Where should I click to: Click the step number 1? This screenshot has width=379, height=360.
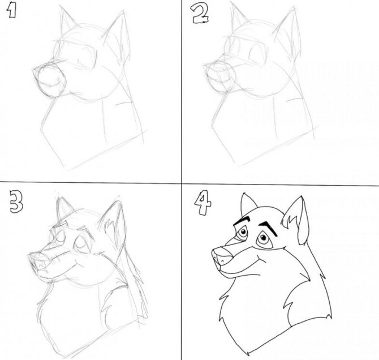[11, 11]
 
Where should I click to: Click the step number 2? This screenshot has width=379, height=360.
[200, 15]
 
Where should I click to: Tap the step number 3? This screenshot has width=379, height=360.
[16, 202]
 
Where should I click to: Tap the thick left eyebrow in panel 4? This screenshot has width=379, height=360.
[242, 220]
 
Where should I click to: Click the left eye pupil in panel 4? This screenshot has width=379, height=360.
[243, 233]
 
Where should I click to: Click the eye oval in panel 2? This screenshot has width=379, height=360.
[257, 55]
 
